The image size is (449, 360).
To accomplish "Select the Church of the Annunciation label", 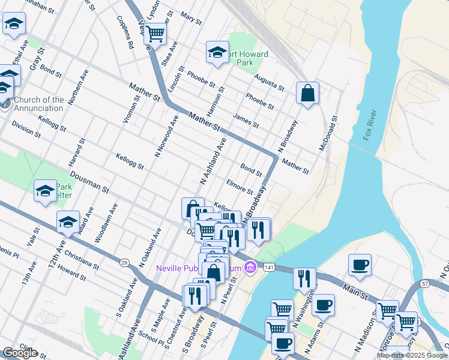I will tap(38, 104).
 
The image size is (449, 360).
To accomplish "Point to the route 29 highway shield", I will tap(124, 263).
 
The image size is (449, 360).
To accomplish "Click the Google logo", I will tap(19, 353).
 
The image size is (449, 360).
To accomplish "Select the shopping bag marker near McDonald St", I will tap(307, 93).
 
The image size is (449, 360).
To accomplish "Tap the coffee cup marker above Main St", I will tap(360, 265).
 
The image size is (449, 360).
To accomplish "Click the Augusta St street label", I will tap(268, 83).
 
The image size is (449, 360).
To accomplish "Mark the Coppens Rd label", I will tap(127, 35).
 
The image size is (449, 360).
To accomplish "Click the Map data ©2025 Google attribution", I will tap(412, 355).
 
